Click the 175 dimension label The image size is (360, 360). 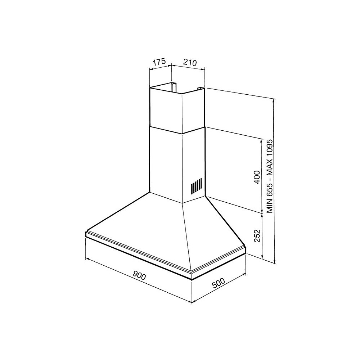[159, 62]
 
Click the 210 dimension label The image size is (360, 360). [189, 62]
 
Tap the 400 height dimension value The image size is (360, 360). [256, 177]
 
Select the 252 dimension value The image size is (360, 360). [256, 236]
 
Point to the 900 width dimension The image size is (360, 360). [139, 276]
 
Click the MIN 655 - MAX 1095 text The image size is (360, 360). [270, 176]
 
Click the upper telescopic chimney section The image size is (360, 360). [166, 108]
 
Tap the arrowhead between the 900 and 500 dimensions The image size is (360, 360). [192, 302]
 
